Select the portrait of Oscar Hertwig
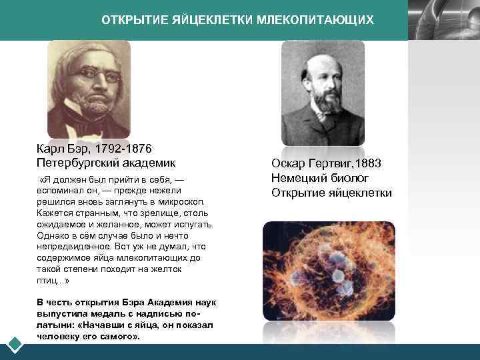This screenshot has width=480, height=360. (x=323, y=93)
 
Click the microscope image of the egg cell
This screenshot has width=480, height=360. (x=329, y=279)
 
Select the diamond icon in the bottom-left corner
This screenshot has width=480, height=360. (x=15, y=344)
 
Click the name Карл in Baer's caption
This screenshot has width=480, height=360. (x=50, y=149)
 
